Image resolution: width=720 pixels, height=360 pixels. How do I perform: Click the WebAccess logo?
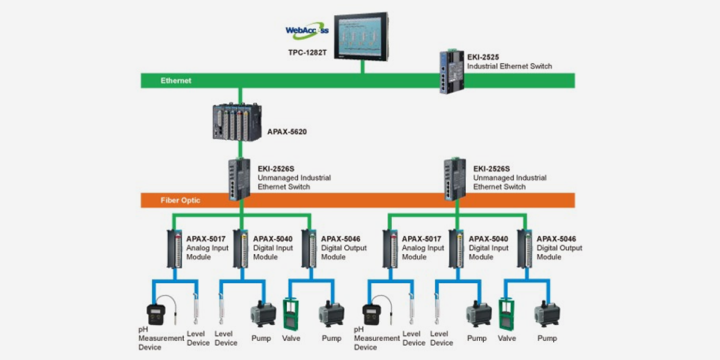point(307,30)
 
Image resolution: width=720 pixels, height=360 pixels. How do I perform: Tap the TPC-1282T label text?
point(307,53)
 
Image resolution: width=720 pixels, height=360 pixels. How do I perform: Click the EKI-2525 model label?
point(483,57)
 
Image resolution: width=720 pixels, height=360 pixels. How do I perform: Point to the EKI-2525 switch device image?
point(451,71)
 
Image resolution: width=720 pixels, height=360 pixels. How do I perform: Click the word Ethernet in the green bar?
point(176,81)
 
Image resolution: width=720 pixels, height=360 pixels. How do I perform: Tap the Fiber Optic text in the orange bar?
point(181,201)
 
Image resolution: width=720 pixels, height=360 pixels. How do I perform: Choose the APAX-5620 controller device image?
point(237,122)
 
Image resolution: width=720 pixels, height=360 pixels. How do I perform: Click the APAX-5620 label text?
point(287,132)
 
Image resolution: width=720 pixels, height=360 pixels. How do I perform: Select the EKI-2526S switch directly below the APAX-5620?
point(239,179)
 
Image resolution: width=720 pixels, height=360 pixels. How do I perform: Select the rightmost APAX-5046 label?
point(556,239)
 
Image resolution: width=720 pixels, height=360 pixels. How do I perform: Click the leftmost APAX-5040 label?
point(273,239)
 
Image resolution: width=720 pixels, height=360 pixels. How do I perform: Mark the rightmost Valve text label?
point(507,338)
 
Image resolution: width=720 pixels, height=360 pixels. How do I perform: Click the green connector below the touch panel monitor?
point(363,67)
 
